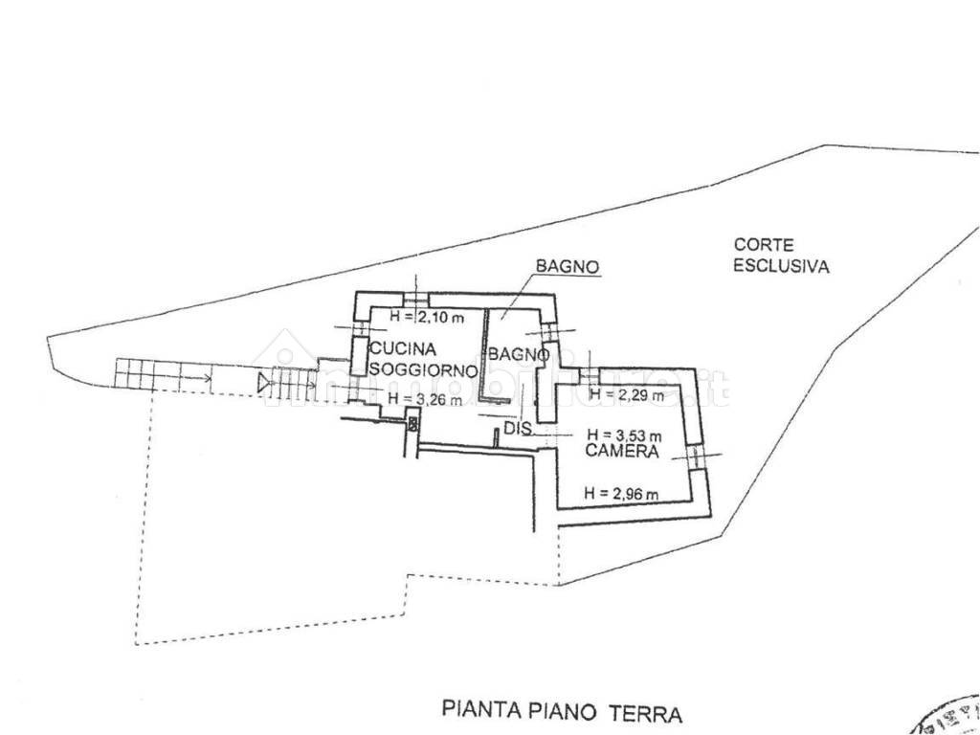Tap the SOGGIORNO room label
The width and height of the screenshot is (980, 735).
tap(423, 369)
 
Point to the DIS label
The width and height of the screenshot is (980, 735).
tap(517, 430)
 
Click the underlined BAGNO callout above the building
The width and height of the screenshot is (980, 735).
tap(568, 267)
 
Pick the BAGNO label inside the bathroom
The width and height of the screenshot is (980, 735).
tap(519, 354)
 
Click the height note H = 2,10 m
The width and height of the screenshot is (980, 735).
tap(427, 317)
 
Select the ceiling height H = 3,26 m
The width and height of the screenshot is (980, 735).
tap(425, 399)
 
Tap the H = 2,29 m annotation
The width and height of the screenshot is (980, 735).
tap(626, 393)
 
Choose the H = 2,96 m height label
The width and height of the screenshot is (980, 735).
tap(622, 494)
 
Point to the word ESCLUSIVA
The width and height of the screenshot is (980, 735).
tap(781, 267)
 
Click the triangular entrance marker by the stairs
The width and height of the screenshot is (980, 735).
tap(264, 383)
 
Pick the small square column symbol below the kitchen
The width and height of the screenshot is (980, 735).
tap(412, 422)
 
